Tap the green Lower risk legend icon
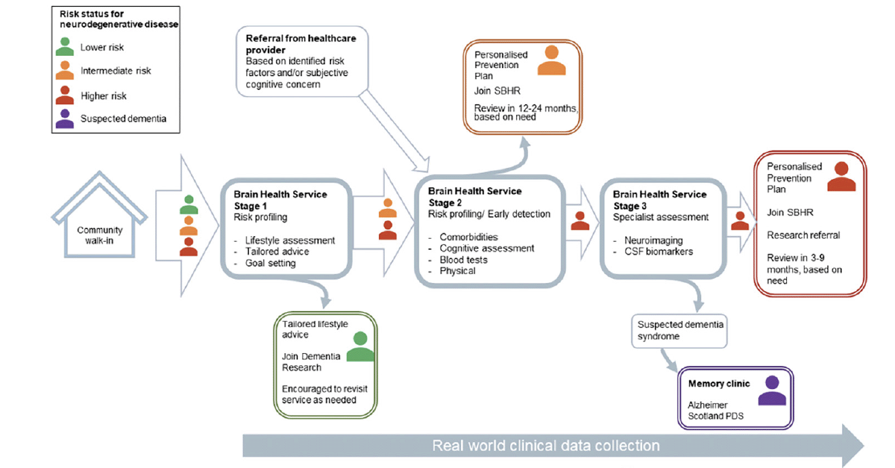coord(65,46)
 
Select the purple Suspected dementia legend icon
coord(65,118)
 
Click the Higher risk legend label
coord(103,96)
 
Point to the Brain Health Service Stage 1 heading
coord(280,200)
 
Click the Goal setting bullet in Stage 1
coord(271,263)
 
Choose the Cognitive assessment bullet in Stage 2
coord(487,248)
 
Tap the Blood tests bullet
coord(464,260)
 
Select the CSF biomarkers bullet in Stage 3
coord(658,252)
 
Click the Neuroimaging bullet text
coord(654,240)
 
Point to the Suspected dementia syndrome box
coord(679,331)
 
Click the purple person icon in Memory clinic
coord(772,390)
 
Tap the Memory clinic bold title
coord(719,384)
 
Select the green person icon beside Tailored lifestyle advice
coord(360,346)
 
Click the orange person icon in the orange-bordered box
coord(552,60)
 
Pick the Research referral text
coord(803,235)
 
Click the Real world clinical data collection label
coord(546,446)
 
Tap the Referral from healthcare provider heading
coord(301,44)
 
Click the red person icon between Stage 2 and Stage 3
coord(580,220)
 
